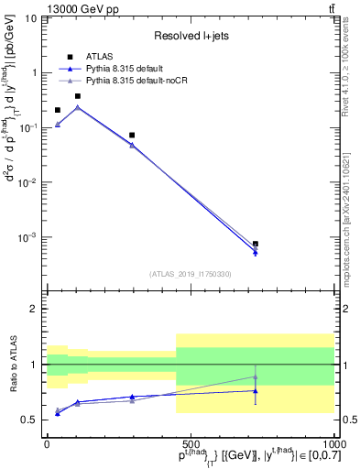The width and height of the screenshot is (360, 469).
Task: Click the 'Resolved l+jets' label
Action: coord(191,36)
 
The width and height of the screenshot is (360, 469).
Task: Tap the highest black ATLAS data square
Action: coord(78,96)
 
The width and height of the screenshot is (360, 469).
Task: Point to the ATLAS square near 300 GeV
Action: coord(132,136)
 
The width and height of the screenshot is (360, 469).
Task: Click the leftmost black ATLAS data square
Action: coord(58,110)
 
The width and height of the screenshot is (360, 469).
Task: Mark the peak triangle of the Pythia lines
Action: coord(78,107)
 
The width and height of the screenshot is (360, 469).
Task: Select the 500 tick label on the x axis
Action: coord(191,442)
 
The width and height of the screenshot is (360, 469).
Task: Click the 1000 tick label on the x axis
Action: coord(333,442)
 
